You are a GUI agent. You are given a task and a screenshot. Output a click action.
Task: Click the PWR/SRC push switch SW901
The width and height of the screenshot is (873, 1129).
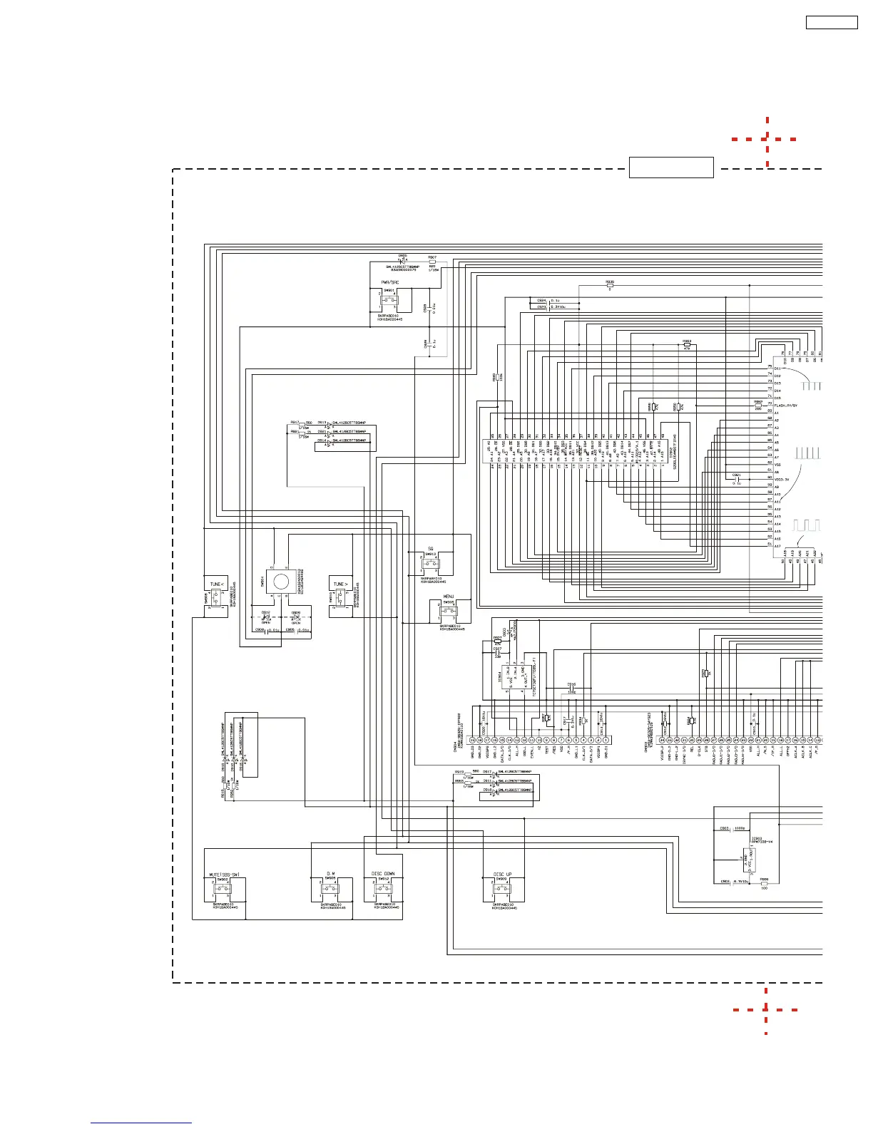(x=388, y=300)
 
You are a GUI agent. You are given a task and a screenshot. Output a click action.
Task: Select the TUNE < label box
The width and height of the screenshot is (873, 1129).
(x=216, y=584)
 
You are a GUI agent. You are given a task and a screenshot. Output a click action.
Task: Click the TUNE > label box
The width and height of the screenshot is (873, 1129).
(x=341, y=584)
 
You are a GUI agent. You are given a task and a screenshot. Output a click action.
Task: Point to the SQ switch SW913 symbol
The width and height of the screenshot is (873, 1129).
(x=431, y=563)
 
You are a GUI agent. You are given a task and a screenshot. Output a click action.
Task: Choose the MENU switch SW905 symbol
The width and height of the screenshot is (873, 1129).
(x=449, y=611)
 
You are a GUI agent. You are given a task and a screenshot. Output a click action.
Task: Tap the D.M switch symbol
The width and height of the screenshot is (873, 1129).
(x=330, y=890)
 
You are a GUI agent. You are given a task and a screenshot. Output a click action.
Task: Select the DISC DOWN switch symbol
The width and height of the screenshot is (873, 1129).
(x=384, y=890)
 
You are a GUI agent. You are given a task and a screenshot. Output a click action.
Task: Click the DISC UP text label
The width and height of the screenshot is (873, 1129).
(x=502, y=874)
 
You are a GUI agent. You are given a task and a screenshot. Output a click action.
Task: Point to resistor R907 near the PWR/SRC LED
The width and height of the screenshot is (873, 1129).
(x=432, y=262)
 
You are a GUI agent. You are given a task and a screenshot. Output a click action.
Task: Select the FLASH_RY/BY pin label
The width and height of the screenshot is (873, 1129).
(x=787, y=406)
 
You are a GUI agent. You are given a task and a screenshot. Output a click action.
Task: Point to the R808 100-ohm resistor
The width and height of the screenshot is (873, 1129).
(x=764, y=884)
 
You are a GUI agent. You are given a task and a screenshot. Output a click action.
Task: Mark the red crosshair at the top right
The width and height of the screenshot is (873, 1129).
(x=767, y=139)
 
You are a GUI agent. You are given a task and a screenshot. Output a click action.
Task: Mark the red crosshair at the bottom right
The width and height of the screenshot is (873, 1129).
(x=766, y=1009)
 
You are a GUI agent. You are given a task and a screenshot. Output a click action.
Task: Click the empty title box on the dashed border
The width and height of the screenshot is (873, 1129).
(x=671, y=167)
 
